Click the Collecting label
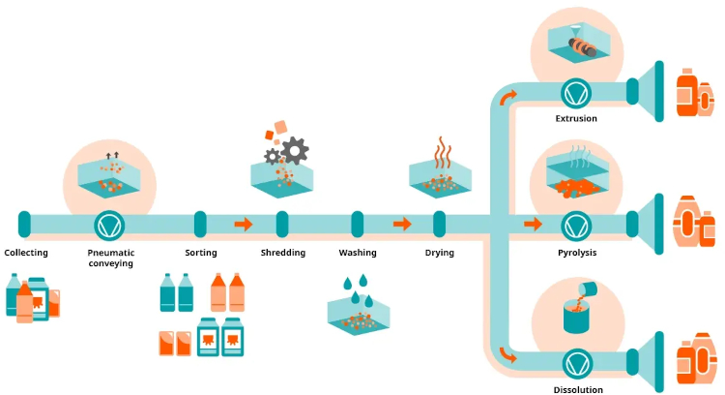pos(26,253)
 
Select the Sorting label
pos(200,253)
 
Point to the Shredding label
pos(282,253)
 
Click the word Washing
pos(357,253)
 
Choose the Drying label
pos(440,253)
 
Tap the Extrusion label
pos(576,119)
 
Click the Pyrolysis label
pos(576,253)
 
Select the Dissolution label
pos(576,389)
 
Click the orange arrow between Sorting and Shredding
pos(243,225)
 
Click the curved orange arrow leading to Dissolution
pos(508,354)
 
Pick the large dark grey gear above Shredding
pos(295,149)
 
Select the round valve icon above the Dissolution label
pos(576,362)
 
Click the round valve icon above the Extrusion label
pos(576,92)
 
